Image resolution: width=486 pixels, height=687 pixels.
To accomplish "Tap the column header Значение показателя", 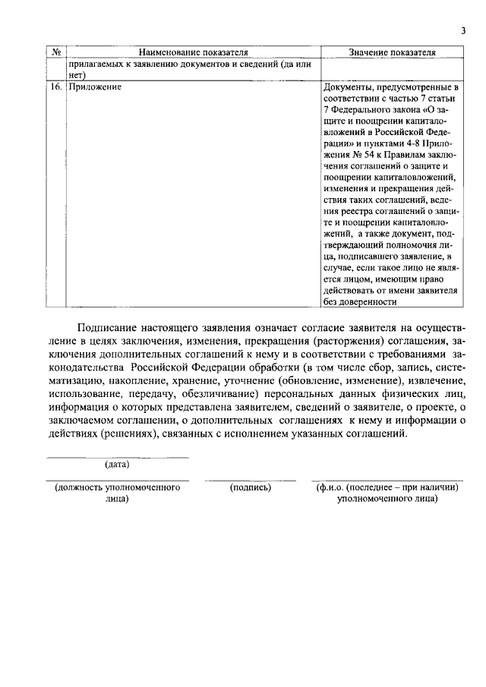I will pos(392,52).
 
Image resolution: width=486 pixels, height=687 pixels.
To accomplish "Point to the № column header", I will pos(56,52).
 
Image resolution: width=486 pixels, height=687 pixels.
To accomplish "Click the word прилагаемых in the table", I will pos(96,65).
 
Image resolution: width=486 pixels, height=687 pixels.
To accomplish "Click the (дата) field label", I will pos(117,464).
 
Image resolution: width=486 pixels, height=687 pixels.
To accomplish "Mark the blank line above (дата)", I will pos(117,457).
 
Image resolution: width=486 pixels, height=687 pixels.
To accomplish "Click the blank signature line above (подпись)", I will pos(250,481).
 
